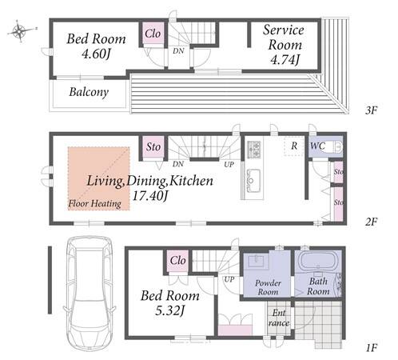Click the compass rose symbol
(20, 31)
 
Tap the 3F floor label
(371, 110)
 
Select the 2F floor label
(371, 222)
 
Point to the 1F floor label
(371, 348)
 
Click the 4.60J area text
(96, 54)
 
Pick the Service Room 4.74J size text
(285, 60)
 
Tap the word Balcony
(89, 92)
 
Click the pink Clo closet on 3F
(153, 34)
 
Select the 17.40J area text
(150, 196)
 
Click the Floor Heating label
(95, 204)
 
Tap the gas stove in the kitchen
(254, 149)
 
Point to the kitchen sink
(253, 181)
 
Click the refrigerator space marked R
(294, 146)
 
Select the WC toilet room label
(317, 146)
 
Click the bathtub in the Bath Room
(319, 262)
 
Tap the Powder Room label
(268, 287)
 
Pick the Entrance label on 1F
(279, 318)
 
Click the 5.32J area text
(170, 310)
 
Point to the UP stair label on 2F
(229, 165)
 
